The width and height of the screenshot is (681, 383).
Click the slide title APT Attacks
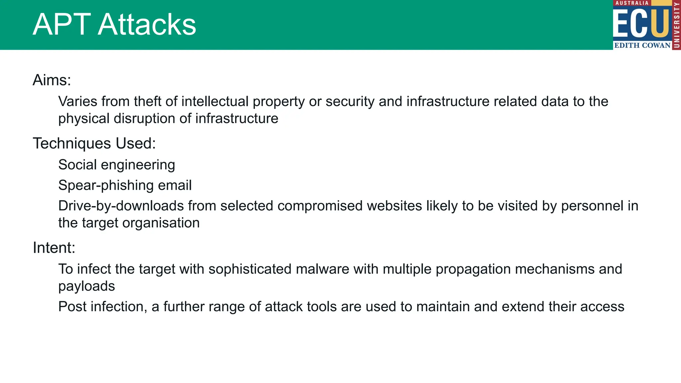pos(114,25)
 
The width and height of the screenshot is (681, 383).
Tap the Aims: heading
pos(52,80)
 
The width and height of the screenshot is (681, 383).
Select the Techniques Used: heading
pos(94,144)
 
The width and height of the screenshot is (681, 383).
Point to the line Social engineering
pos(116,165)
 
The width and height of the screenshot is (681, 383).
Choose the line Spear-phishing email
pos(125,186)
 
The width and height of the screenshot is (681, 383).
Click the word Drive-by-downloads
pos(121,206)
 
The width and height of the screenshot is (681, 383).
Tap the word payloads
pos(86,287)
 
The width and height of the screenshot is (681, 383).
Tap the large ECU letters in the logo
pos(641,23)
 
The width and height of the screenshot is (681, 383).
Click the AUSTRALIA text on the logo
pos(632,3)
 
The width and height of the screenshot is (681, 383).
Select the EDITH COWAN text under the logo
pos(642,46)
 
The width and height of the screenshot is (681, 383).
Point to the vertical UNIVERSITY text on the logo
pos(676,25)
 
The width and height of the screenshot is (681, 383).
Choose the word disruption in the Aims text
pos(143,119)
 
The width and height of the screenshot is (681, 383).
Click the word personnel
pos(592,206)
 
